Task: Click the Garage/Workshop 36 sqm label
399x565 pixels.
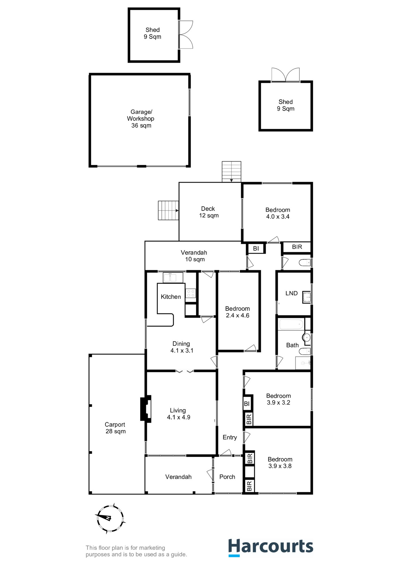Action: click(x=141, y=119)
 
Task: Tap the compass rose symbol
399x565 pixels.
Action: click(x=110, y=519)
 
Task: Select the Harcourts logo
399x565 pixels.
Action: click(x=271, y=547)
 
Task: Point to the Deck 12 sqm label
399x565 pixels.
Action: click(x=209, y=212)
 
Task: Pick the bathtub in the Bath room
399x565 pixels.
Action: click(x=291, y=324)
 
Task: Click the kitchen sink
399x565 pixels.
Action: click(x=173, y=277)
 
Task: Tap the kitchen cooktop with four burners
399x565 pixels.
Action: click(x=190, y=293)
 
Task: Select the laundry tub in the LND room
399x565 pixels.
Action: click(x=306, y=298)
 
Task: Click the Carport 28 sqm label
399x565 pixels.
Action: click(x=115, y=428)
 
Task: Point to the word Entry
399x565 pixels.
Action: click(x=230, y=437)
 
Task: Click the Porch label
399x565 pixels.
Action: click(x=227, y=477)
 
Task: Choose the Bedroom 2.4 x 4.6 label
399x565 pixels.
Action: click(x=237, y=312)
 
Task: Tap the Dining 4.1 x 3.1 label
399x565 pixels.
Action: click(x=182, y=347)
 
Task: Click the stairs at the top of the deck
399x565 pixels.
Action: click(x=232, y=172)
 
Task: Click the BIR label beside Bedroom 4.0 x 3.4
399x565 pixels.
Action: click(x=297, y=247)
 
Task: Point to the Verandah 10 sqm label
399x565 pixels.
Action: click(x=194, y=256)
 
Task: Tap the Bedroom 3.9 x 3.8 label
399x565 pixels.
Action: click(x=280, y=463)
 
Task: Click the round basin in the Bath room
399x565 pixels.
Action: click(x=306, y=338)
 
